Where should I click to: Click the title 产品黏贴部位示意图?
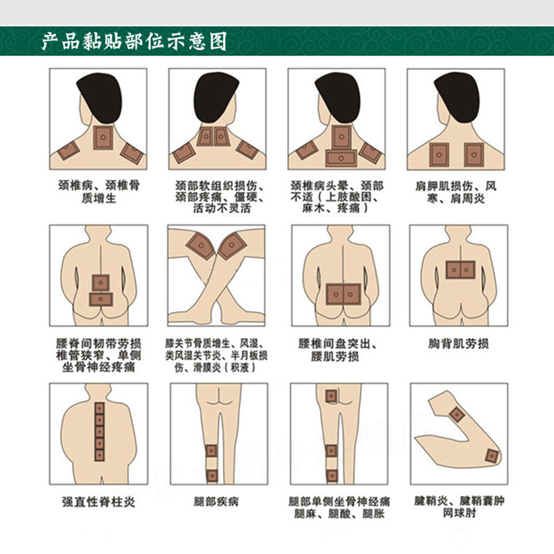pyautogui.click(x=134, y=42)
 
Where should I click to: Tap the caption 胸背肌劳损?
pyautogui.click(x=458, y=343)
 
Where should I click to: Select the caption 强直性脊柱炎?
pyautogui.click(x=98, y=501)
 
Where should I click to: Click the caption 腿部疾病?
pyautogui.click(x=216, y=501)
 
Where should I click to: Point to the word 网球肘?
pyautogui.click(x=460, y=512)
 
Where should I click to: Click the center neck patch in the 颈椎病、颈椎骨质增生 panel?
pyautogui.click(x=103, y=137)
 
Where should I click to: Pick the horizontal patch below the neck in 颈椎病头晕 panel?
pyautogui.click(x=341, y=158)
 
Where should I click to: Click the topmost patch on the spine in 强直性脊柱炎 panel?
pyautogui.click(x=100, y=409)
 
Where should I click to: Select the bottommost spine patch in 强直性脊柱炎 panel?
pyautogui.click(x=100, y=455)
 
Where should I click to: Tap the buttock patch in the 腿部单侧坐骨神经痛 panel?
pyautogui.click(x=331, y=396)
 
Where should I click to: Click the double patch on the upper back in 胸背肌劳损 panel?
pyautogui.click(x=460, y=270)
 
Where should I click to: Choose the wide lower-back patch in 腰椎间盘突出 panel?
pyautogui.click(x=343, y=294)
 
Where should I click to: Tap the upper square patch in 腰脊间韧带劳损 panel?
pyautogui.click(x=100, y=283)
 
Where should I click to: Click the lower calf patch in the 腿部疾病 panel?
pyautogui.click(x=212, y=476)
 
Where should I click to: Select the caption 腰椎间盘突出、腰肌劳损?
pyautogui.click(x=337, y=350)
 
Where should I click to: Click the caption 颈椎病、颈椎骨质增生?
pyautogui.click(x=99, y=192)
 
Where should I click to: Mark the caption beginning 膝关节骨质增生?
pyautogui.click(x=216, y=355)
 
